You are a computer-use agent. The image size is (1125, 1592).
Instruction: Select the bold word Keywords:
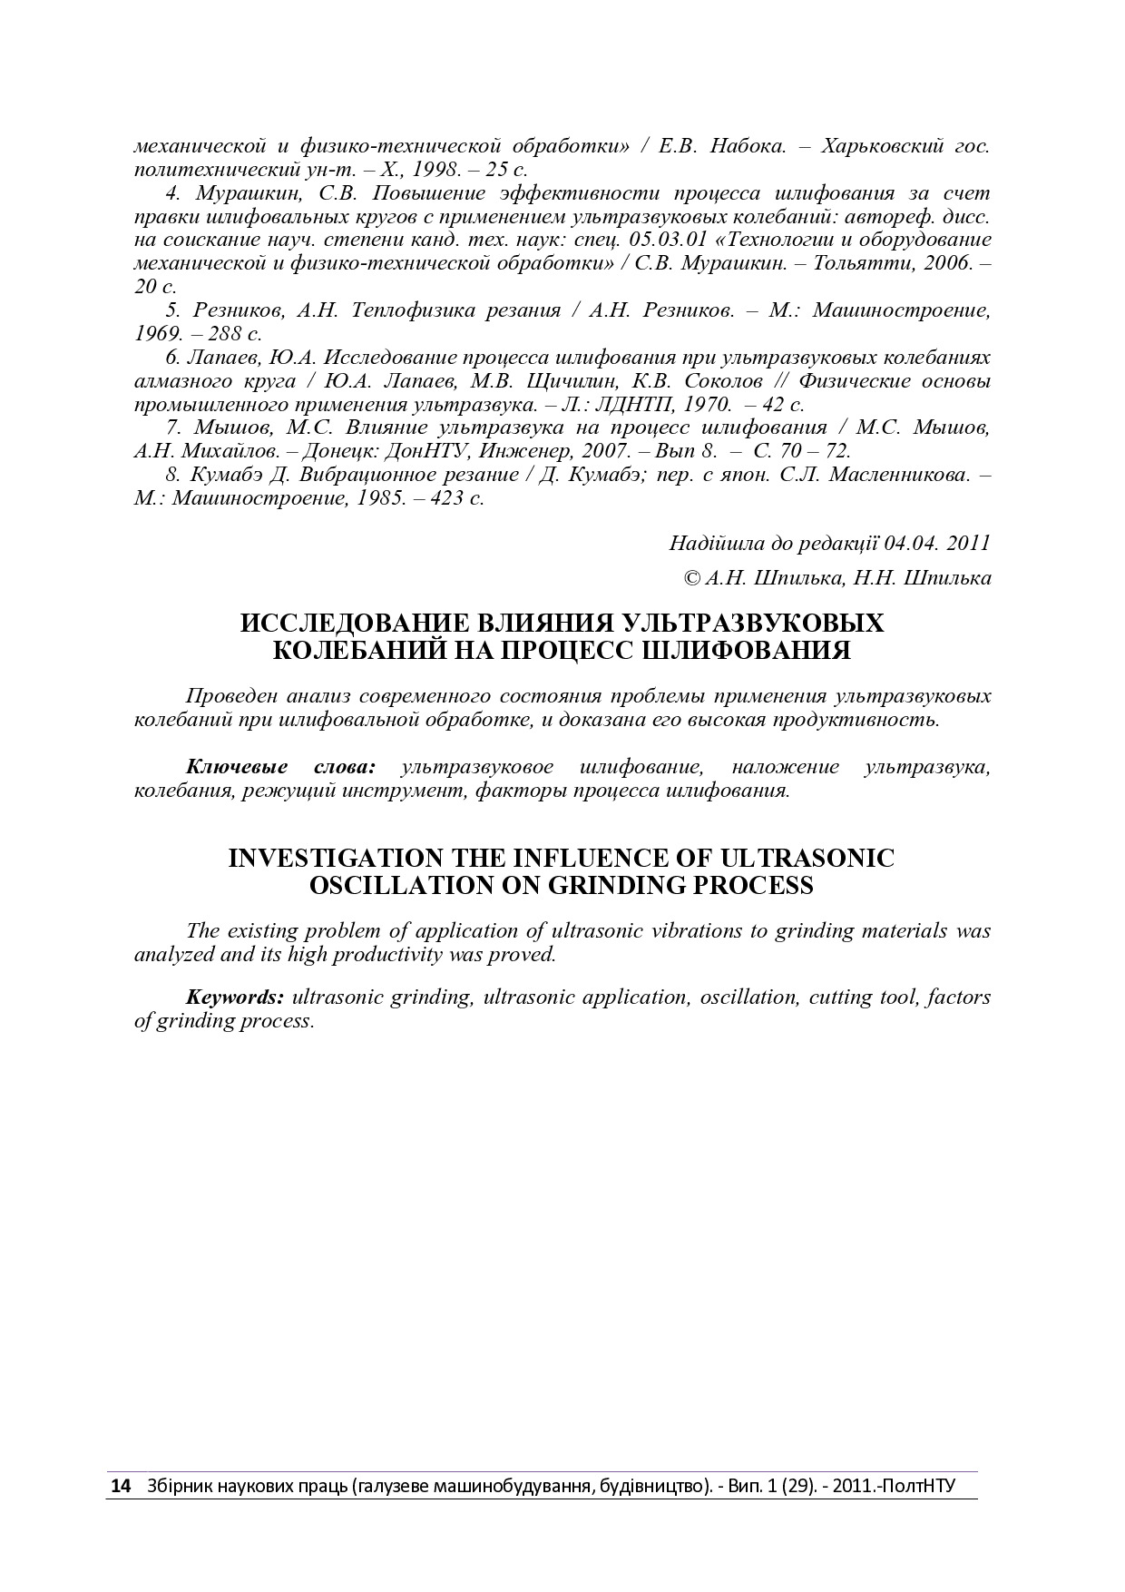coord(235,997)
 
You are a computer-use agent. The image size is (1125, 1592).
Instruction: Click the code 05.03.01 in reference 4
coord(665,240)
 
